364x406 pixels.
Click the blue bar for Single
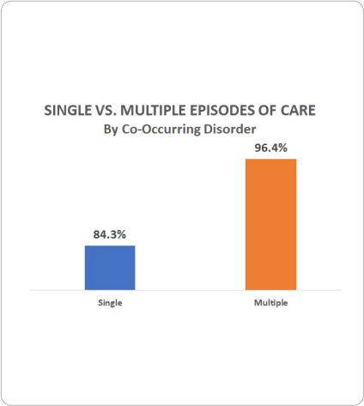click(109, 268)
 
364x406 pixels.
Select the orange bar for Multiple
click(270, 225)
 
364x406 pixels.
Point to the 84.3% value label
click(109, 233)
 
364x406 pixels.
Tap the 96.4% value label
click(270, 148)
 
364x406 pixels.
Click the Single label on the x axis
click(109, 305)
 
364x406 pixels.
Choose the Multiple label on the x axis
click(270, 305)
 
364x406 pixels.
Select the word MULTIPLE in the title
click(153, 112)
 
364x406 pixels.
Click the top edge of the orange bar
click(270, 160)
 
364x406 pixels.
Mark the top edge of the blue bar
click(109, 245)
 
